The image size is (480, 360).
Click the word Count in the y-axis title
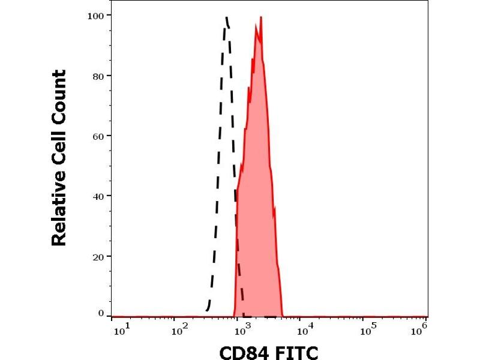click(x=58, y=97)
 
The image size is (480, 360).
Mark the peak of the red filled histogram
click(x=261, y=17)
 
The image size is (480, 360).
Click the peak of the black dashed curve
click(x=227, y=17)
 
